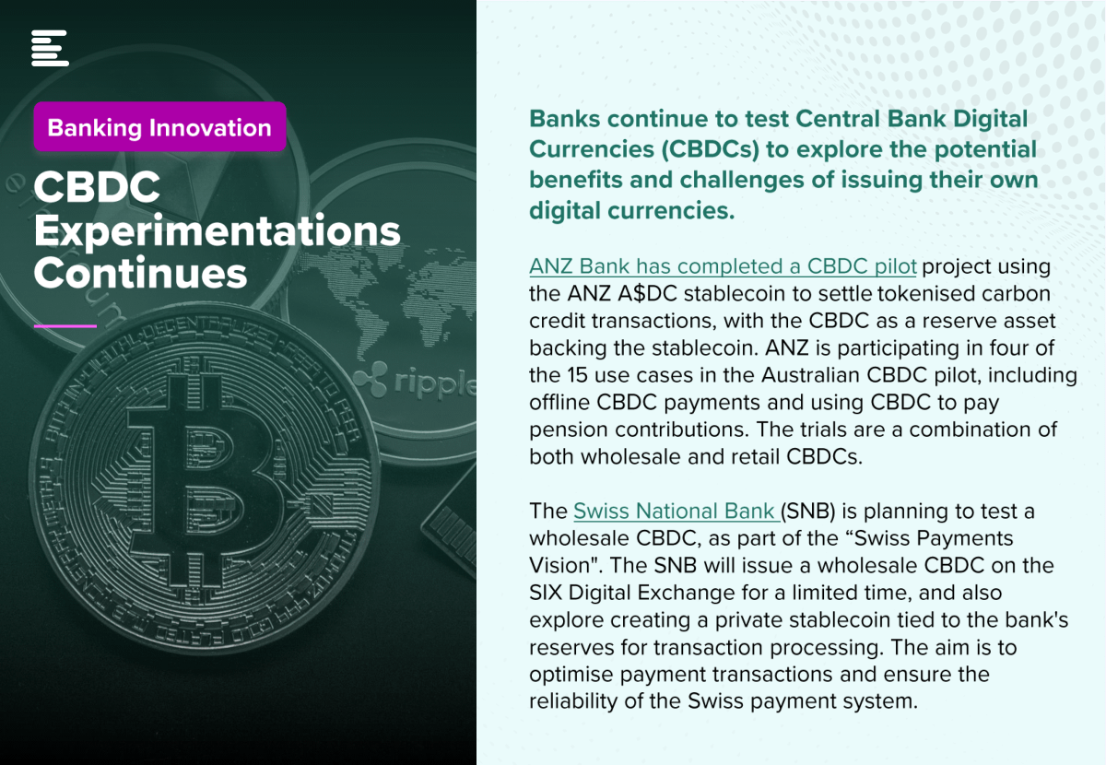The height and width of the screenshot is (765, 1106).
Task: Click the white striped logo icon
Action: coord(50,48)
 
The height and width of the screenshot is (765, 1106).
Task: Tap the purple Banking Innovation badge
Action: coord(160,127)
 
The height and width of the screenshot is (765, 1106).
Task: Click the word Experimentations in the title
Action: coord(218,231)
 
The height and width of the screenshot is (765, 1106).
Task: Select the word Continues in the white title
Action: coord(140,273)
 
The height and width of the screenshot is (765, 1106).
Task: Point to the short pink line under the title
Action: coord(65,326)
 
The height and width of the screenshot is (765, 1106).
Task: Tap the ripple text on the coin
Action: coord(434,382)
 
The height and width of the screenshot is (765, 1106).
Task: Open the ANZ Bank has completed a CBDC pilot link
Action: coord(723,266)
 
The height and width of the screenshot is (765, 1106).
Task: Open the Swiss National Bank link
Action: coord(677,512)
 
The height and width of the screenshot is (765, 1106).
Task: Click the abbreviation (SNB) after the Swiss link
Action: coord(807,512)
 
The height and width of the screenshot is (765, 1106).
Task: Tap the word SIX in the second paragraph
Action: coord(546,593)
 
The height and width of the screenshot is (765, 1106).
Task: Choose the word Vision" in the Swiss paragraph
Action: coord(566,566)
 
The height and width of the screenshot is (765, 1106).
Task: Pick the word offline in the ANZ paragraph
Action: coord(559,403)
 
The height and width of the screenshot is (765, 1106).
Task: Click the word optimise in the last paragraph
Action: coord(571,675)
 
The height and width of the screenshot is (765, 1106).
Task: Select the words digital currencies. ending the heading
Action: coord(632,211)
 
